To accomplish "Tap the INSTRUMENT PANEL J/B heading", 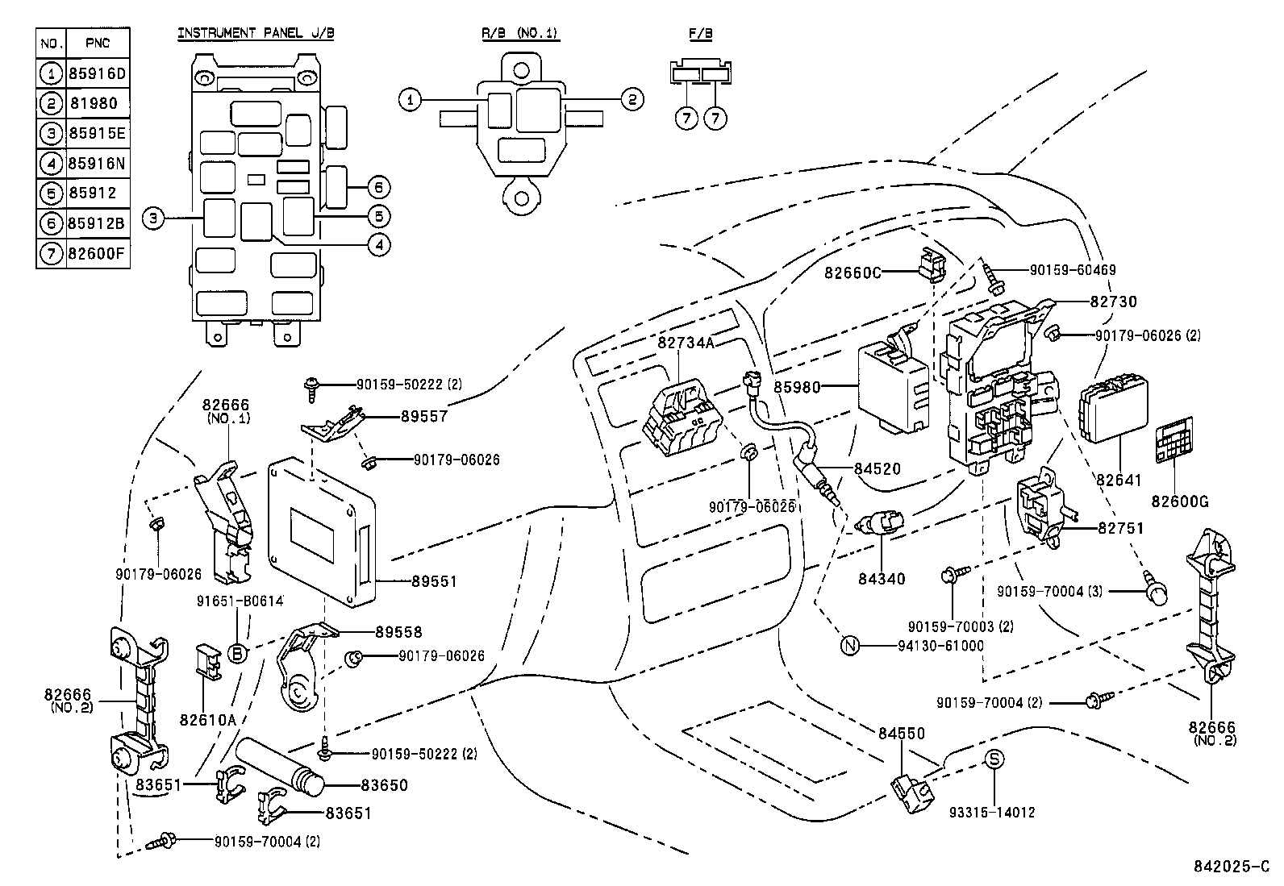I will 256,33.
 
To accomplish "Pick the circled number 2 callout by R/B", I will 632,99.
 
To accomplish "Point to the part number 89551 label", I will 434,580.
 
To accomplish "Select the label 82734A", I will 686,343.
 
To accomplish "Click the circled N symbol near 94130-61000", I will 850,645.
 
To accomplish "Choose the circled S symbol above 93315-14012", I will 995,759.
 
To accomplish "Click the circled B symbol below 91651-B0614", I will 238,654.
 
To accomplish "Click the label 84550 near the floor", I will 902,734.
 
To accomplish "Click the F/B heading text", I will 701,33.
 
